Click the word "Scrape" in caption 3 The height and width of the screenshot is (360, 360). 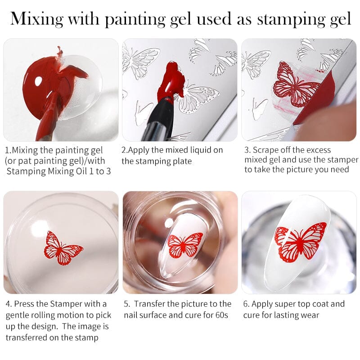(x=267, y=150)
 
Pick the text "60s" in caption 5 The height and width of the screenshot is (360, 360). (x=219, y=315)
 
